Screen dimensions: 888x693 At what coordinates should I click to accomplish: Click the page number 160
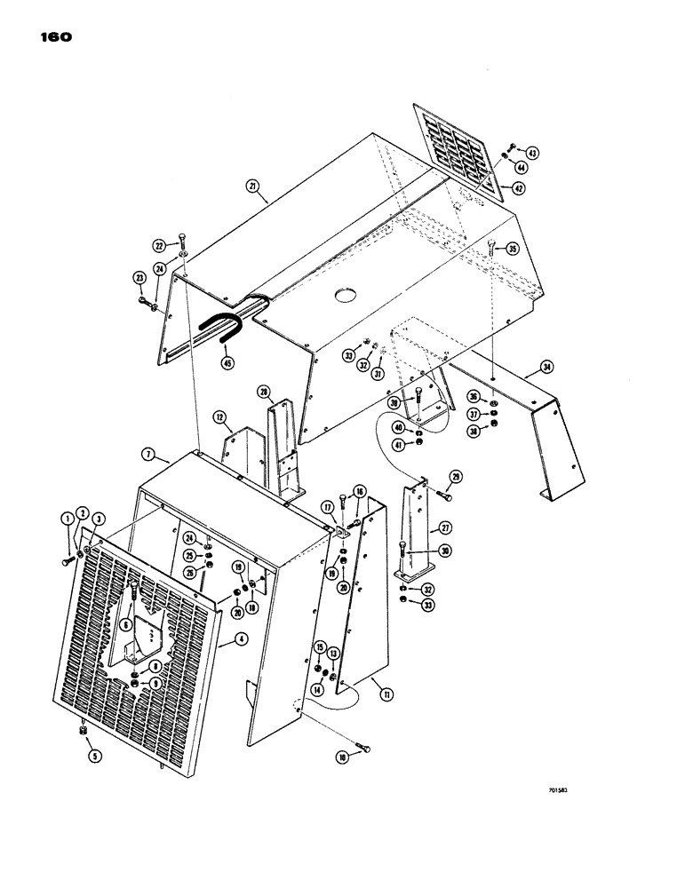54,37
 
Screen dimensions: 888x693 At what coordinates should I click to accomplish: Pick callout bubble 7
148,456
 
